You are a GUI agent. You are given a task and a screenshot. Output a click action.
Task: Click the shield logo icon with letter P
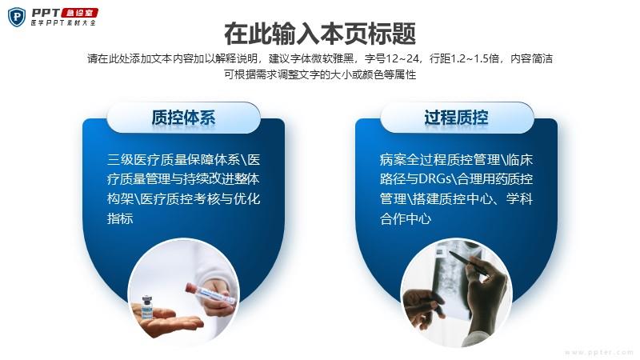[x=17, y=17]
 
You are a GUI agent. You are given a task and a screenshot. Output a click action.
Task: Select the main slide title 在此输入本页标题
[x=320, y=34]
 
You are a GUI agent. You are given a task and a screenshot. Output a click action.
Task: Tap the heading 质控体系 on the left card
[x=183, y=118]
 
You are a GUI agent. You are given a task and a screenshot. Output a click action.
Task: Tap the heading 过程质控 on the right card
[x=456, y=118]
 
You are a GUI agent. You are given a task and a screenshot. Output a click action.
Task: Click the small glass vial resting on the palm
[x=147, y=307]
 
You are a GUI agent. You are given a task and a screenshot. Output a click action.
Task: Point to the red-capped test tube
[x=210, y=294]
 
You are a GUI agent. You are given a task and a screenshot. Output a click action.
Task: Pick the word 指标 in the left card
[x=120, y=218]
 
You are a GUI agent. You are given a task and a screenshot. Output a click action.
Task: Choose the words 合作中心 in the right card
[x=406, y=218]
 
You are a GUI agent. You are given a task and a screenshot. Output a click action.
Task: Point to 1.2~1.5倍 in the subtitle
[x=474, y=58]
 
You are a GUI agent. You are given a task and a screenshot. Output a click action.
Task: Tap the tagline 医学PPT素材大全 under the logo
[x=63, y=23]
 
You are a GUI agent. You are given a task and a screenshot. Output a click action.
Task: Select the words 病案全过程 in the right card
[x=413, y=159]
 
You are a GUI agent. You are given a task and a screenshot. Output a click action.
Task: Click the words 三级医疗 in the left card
[x=134, y=159]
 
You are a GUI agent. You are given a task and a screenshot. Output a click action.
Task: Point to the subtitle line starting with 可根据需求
[x=320, y=74]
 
